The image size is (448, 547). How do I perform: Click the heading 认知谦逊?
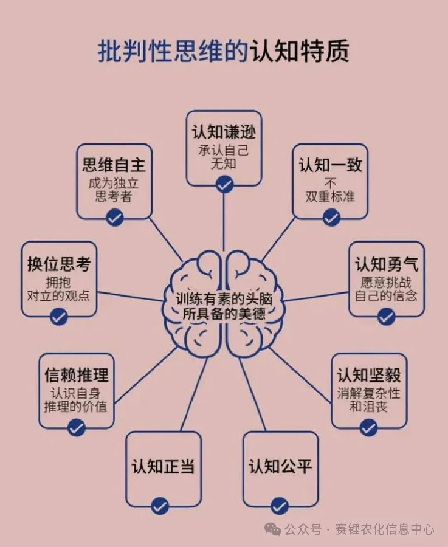[224, 132]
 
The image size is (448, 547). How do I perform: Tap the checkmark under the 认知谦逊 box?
[224, 184]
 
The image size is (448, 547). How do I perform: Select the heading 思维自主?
[114, 165]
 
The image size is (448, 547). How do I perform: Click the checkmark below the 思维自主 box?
[114, 218]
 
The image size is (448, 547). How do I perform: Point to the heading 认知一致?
[331, 165]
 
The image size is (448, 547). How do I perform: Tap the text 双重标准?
[331, 196]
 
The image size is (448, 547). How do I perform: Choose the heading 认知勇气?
[387, 265]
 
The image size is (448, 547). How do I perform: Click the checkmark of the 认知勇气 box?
[387, 316]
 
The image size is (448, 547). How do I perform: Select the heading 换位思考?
[59, 265]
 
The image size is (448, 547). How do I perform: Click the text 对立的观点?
[59, 296]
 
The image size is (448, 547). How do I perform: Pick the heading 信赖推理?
[76, 375]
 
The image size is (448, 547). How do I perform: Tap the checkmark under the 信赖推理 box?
[76, 428]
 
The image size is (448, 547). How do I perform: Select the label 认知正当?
[163, 466]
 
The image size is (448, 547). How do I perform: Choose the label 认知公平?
[280, 466]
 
